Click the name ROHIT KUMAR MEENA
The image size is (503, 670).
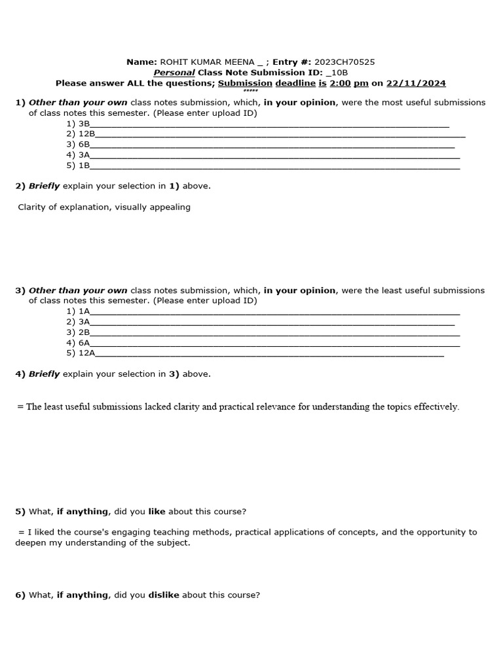(202, 62)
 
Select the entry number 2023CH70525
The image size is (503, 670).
(345, 62)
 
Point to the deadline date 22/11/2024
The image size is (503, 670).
(416, 83)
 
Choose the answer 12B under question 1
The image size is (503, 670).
(87, 134)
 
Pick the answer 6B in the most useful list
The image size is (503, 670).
(84, 145)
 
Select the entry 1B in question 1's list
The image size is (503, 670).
(84, 166)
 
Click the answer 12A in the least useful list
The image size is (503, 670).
(87, 353)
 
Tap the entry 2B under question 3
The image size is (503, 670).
(84, 332)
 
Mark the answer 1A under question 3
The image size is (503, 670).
(84, 311)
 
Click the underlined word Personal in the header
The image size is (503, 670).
(174, 73)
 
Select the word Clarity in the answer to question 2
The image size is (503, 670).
(33, 207)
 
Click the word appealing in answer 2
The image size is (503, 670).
(170, 207)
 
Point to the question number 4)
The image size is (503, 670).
(20, 374)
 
